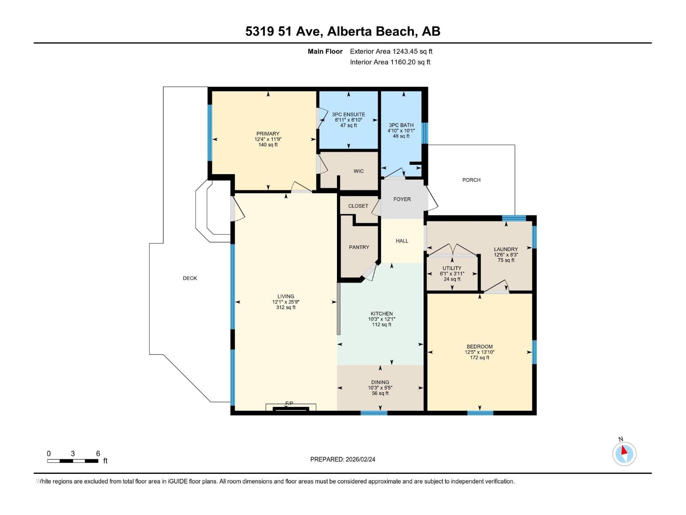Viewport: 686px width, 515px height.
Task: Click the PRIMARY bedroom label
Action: click(268, 133)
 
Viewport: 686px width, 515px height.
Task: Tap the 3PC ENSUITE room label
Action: click(348, 115)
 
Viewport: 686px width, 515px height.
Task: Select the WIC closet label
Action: click(358, 171)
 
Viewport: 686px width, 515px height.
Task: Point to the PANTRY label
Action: click(359, 247)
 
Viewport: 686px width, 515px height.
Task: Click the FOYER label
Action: click(402, 199)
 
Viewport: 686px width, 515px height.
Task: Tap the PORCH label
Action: click(471, 180)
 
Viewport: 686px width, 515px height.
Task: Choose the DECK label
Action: click(190, 278)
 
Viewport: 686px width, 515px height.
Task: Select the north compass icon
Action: click(624, 454)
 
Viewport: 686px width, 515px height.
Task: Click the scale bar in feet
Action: click(73, 460)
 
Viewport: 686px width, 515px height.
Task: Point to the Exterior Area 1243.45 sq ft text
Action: click(391, 51)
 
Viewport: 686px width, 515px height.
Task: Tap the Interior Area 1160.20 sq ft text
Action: click(390, 62)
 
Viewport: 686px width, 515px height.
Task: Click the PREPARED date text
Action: click(343, 459)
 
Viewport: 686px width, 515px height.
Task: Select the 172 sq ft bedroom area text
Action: click(479, 357)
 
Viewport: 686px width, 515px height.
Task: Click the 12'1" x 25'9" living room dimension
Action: click(286, 302)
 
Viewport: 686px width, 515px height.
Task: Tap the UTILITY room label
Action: click(452, 268)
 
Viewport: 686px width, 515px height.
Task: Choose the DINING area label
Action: click(380, 382)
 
